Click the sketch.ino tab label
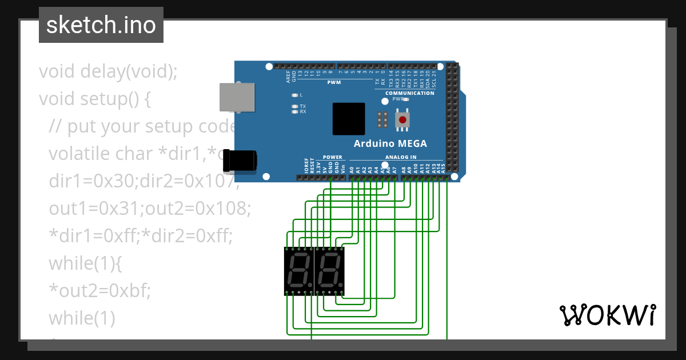pyautogui.click(x=101, y=25)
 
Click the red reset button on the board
pyautogui.click(x=403, y=120)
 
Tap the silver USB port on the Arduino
pyautogui.click(x=237, y=97)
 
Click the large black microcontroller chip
pyautogui.click(x=349, y=119)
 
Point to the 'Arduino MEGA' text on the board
pyautogui.click(x=390, y=143)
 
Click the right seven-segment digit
pyautogui.click(x=330, y=271)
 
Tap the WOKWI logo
pyautogui.click(x=607, y=315)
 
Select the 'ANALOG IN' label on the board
pyautogui.click(x=400, y=157)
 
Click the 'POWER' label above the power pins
pyautogui.click(x=332, y=157)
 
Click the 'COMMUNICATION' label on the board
pyautogui.click(x=409, y=93)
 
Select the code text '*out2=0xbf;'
pyautogui.click(x=99, y=290)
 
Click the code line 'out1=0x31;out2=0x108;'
pyautogui.click(x=150, y=208)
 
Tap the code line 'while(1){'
pyautogui.click(x=85, y=263)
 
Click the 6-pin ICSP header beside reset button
pyautogui.click(x=382, y=119)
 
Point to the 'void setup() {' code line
pyautogui.click(x=95, y=99)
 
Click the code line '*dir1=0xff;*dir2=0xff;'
pyautogui.click(x=141, y=235)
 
